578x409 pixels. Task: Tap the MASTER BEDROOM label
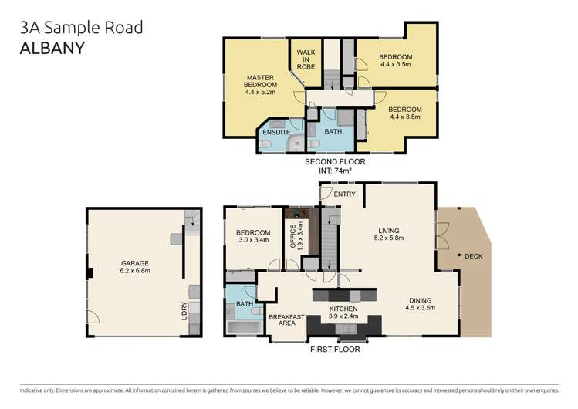[x=260, y=83]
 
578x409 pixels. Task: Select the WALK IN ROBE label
[x=302, y=59]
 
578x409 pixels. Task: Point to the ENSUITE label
[x=275, y=132]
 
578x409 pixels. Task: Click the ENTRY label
[x=345, y=194]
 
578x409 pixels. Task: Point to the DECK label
[x=473, y=255]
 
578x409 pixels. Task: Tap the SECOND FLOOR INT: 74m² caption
[x=334, y=166]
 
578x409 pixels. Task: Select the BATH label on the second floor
[x=333, y=132]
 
